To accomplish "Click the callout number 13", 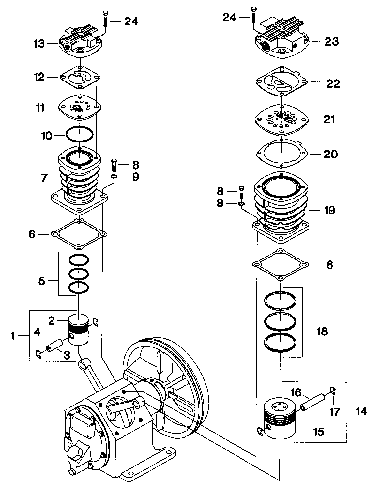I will pyautogui.click(x=39, y=44).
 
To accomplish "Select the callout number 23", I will pyautogui.click(x=331, y=42).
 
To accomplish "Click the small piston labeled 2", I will pyautogui.click(x=79, y=329).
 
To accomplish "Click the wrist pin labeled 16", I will pyautogui.click(x=312, y=401).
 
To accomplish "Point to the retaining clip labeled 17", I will pyautogui.click(x=333, y=391).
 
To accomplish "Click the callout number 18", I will pyautogui.click(x=322, y=332).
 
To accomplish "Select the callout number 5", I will pyautogui.click(x=42, y=280).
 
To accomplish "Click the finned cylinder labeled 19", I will pyautogui.click(x=281, y=209).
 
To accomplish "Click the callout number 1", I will pyautogui.click(x=13, y=336).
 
